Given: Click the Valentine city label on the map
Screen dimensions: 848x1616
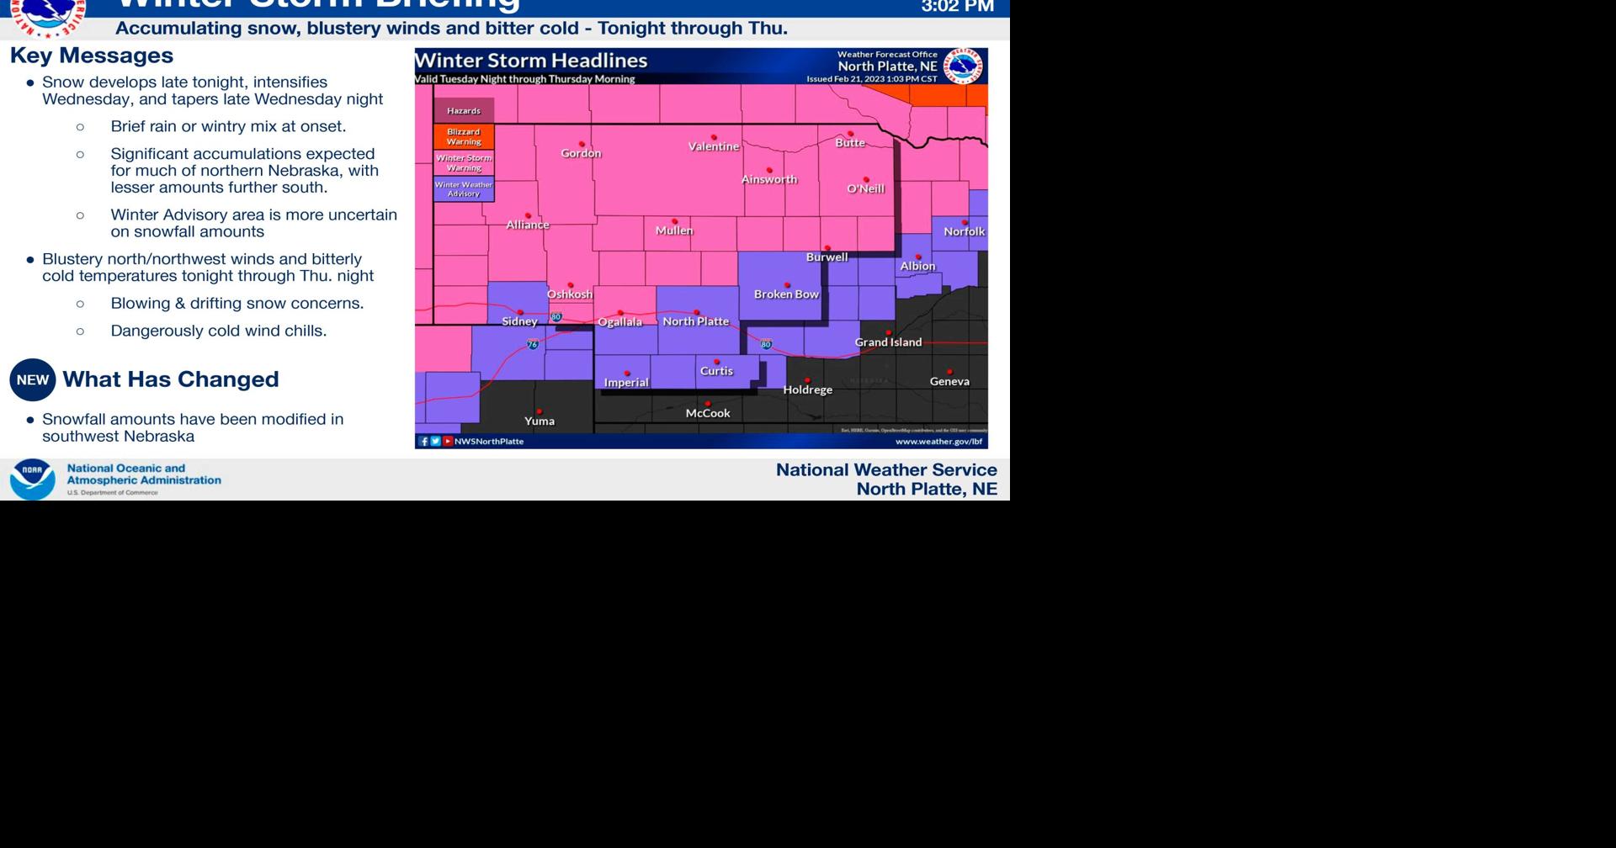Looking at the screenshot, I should coord(713,146).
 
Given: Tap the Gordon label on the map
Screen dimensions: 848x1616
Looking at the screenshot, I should coord(581,153).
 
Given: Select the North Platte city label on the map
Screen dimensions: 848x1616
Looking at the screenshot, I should coord(695,321).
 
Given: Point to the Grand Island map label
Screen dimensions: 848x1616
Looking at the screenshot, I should coord(888,342).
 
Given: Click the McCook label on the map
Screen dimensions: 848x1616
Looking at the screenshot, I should coord(708,413).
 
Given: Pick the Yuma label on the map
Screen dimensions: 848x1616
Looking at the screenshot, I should coord(540,421).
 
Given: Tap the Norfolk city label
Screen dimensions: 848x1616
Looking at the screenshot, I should coord(964,231).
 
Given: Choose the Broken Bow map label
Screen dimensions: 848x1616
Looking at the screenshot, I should coord(786,294).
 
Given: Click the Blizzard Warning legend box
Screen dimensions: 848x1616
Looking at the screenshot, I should coord(464,137).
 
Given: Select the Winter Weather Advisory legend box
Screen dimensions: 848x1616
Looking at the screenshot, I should coord(464,189).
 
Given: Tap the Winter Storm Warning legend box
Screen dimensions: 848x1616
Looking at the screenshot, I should coord(464,163).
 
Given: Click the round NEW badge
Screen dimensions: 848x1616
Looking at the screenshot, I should coord(33,380).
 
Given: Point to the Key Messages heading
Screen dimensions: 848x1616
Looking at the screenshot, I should coord(92,56).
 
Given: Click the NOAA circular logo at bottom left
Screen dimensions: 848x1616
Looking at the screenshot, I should coord(32,480).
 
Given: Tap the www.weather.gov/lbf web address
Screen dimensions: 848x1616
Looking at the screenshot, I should coord(938,442).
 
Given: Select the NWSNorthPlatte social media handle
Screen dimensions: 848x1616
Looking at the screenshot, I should coord(489,442).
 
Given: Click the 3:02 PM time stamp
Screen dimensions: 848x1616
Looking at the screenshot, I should coord(957,7).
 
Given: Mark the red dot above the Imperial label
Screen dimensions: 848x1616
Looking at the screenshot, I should coord(627,373).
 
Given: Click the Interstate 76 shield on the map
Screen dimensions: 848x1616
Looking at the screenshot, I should coord(533,344).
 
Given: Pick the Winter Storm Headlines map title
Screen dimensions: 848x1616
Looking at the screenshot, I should coord(531,61).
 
